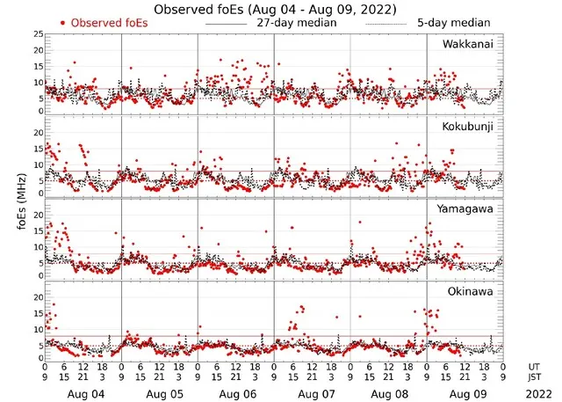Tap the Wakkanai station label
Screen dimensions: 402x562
pos(468,43)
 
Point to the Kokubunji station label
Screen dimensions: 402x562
pos(468,127)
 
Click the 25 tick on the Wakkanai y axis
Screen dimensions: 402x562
pos(38,34)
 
